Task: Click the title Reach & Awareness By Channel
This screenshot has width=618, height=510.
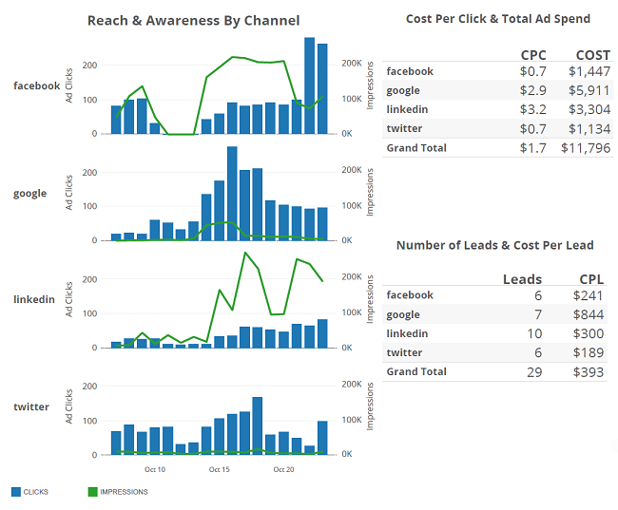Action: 193,20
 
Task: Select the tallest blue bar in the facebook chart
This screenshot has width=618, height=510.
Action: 309,85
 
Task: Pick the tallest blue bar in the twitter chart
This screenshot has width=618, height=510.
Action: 258,425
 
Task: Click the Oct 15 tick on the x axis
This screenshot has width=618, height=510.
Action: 220,469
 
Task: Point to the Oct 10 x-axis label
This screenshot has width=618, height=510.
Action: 155,469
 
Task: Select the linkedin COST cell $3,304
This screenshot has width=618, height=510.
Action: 589,109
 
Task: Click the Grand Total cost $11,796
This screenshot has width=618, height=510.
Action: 586,147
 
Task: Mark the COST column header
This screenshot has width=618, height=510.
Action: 592,55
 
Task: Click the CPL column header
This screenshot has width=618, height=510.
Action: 591,279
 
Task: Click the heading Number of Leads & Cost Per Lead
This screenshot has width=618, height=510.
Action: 494,245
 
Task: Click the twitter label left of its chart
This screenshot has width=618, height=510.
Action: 31,406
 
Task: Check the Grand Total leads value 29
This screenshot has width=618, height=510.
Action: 534,371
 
